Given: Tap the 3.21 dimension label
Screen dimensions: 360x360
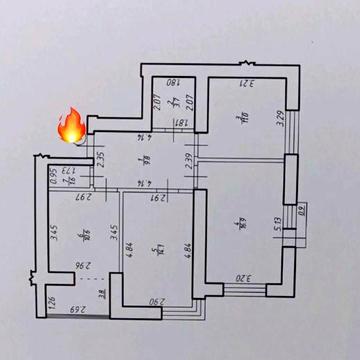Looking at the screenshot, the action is (243, 83).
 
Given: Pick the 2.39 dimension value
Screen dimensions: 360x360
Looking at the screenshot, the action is (188, 158).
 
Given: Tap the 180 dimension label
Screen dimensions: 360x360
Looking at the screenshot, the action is (171, 83).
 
